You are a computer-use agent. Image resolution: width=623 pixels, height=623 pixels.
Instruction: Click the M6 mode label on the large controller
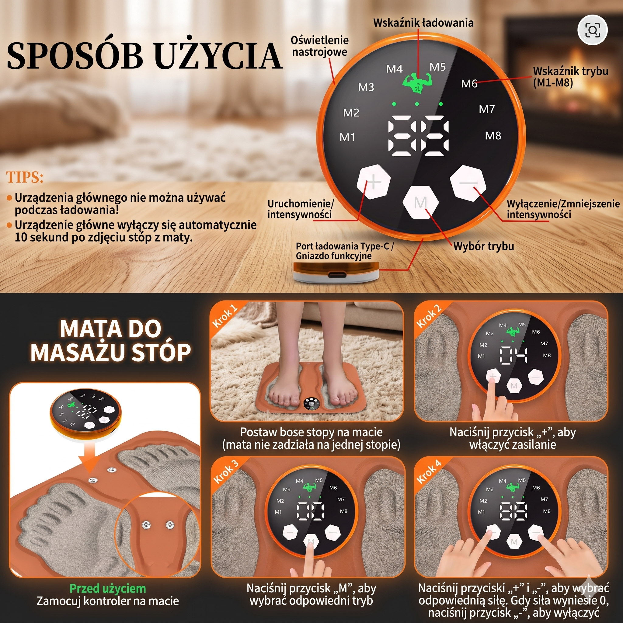tap(469, 84)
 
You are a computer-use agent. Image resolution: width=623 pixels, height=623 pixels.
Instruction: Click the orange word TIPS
tap(25, 177)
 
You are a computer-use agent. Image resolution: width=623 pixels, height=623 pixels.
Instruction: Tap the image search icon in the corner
tap(593, 30)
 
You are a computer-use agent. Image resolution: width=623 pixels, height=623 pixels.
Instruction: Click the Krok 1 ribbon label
tap(225, 316)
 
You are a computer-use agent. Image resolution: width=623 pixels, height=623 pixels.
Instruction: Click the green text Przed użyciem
tap(108, 589)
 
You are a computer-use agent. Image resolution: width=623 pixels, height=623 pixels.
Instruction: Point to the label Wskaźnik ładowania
tap(423, 23)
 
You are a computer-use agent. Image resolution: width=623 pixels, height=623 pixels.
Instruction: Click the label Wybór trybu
tap(483, 246)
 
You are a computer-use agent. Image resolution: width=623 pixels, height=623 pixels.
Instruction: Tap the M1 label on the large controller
tap(347, 138)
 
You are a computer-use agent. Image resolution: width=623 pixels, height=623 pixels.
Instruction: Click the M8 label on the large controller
tap(493, 136)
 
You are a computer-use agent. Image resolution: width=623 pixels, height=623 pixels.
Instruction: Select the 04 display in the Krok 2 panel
tap(513, 355)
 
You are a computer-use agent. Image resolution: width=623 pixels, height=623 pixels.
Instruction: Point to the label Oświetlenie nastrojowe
tap(320, 46)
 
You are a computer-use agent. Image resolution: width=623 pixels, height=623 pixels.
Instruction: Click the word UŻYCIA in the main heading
tap(218, 55)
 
